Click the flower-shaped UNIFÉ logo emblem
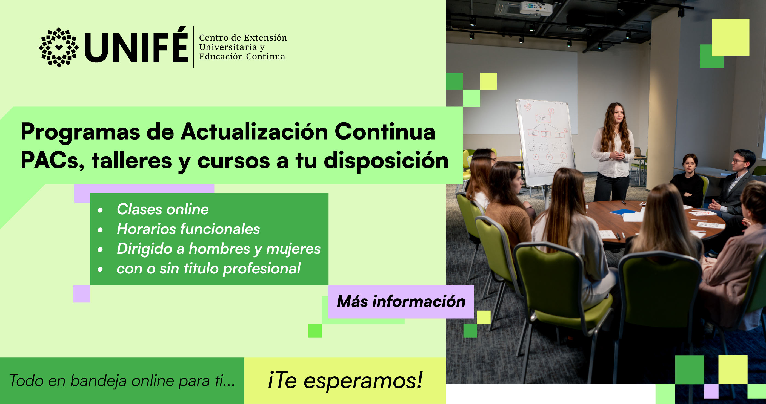59,48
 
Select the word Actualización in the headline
254,132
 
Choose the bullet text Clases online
163,209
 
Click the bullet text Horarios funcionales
188,229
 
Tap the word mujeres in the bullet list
293,249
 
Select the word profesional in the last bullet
262,269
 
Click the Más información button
401,302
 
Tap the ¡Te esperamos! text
345,380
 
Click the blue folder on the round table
623,212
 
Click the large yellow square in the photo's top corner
730,37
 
